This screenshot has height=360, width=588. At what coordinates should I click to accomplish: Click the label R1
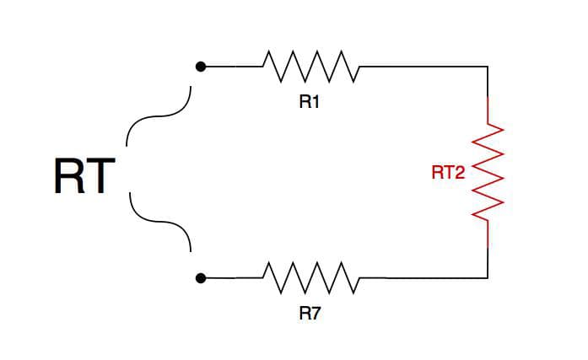(310, 103)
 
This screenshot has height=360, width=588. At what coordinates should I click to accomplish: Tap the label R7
(310, 314)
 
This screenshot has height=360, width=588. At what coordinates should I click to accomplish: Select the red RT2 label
(448, 173)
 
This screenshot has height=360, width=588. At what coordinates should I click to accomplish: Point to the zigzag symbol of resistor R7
(311, 277)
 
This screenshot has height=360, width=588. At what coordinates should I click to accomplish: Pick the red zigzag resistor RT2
(488, 173)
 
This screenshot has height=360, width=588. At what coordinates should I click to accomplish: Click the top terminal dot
(200, 66)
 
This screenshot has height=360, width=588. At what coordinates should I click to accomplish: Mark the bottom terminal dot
(200, 277)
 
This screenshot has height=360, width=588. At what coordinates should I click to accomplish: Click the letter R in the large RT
(67, 177)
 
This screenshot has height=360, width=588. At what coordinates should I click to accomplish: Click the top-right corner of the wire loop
(488, 66)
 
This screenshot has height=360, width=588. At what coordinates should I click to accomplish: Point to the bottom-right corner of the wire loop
(488, 277)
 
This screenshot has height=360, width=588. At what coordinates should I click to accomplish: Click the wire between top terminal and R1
(232, 66)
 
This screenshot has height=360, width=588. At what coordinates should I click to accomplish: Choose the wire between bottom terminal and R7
(232, 277)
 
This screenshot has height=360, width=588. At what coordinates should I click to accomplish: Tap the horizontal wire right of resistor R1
(422, 66)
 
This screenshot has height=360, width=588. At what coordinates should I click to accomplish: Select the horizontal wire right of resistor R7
(422, 277)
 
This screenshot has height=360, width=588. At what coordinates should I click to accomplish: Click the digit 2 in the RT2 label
(460, 173)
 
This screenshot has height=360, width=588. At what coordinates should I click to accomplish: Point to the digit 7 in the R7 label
(316, 314)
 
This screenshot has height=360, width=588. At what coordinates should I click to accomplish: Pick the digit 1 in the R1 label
(316, 103)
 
